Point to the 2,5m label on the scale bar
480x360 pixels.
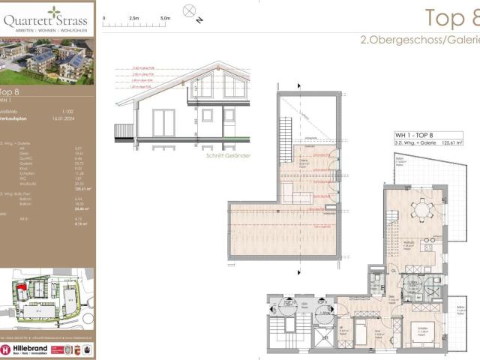(136, 16)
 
